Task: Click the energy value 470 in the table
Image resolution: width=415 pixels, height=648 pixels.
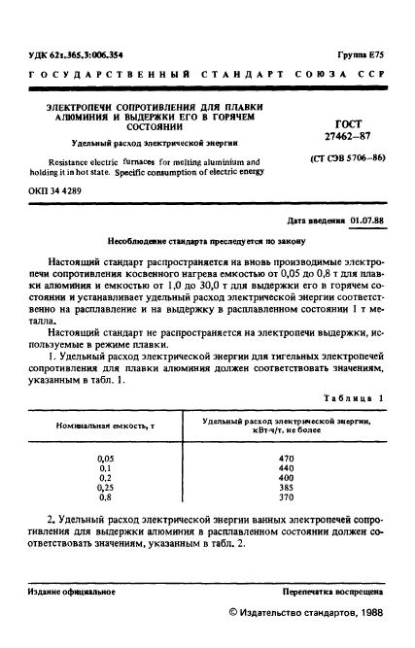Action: [286, 458]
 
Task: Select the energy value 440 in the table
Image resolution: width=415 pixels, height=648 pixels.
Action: [286, 467]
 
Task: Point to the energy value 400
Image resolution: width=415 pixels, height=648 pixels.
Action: [286, 477]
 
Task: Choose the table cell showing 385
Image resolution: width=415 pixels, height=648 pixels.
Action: [286, 487]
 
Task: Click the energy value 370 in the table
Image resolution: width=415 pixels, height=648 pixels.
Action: [286, 496]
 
